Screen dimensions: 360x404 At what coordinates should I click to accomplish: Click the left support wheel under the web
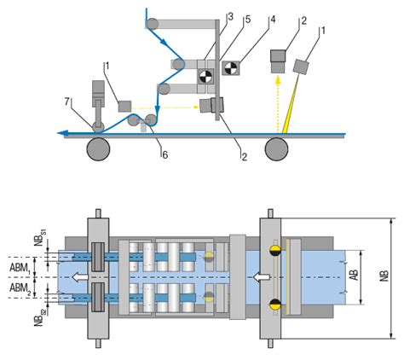(96, 149)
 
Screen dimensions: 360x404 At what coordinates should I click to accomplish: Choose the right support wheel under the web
(276, 149)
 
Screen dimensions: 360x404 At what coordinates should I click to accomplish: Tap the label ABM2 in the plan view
(22, 290)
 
